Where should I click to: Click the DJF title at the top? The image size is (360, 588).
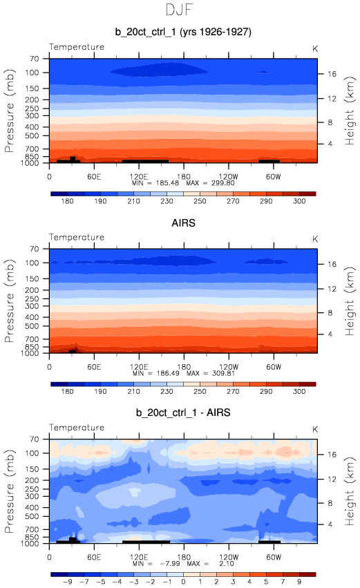(179, 10)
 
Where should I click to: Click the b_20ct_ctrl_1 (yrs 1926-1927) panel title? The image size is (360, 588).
(183, 32)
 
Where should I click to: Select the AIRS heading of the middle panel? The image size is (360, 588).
(183, 223)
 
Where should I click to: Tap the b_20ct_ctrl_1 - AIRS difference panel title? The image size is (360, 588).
(183, 413)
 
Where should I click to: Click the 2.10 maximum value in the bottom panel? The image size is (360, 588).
(227, 564)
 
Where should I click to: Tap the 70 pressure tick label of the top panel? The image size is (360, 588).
(34, 59)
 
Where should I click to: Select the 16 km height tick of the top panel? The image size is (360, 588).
(332, 74)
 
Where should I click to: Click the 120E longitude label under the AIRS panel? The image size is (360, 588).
(139, 367)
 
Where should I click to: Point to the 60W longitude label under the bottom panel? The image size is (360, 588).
(274, 557)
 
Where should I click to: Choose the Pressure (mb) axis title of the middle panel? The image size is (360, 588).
(9, 301)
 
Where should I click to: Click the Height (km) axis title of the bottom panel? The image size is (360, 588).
(350, 491)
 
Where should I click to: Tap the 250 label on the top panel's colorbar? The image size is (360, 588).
(200, 201)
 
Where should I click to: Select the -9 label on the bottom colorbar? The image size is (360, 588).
(68, 582)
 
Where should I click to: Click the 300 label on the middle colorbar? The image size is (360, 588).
(299, 392)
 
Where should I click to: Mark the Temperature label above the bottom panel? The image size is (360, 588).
(77, 428)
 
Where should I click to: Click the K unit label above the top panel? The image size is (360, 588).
(315, 49)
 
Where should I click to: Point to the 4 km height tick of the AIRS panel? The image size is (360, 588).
(330, 334)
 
